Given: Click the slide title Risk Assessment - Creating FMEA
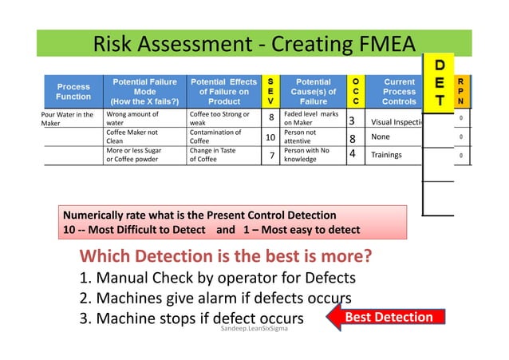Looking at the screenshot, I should [x=254, y=43].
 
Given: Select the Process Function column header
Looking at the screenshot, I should [x=73, y=92].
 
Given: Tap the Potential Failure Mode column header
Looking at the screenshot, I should [x=144, y=92].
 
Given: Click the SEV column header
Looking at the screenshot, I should [x=271, y=92].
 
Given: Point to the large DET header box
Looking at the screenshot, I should [x=438, y=82].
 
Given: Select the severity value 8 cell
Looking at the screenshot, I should [x=271, y=119].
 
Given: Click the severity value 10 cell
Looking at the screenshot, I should [x=270, y=137].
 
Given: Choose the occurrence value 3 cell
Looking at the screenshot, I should [x=352, y=121].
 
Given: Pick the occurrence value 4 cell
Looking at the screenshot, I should [x=352, y=155].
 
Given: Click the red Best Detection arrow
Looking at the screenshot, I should [x=383, y=317].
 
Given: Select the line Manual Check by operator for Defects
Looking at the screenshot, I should [x=217, y=279].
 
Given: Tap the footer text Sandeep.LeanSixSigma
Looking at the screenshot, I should [x=254, y=327].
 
